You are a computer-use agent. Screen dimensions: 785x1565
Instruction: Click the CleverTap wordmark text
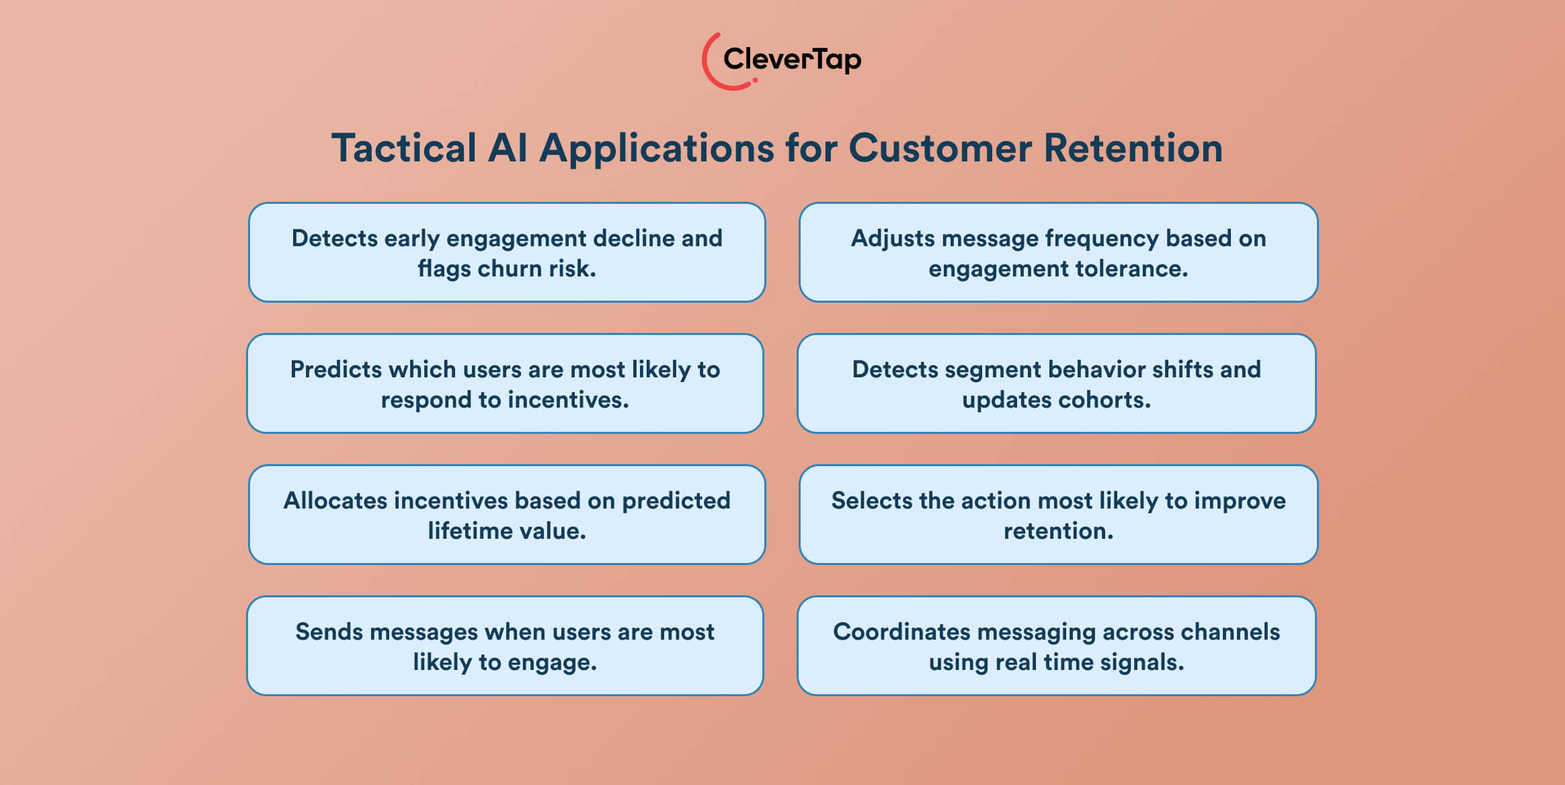tap(792, 59)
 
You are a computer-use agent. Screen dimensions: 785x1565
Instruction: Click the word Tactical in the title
tap(404, 148)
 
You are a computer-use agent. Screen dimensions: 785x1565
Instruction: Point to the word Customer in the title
tap(940, 148)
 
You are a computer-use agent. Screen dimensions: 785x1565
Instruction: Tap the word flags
tap(444, 269)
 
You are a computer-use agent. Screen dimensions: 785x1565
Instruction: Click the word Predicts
tap(335, 370)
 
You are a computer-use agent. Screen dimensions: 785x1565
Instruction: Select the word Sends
tap(329, 632)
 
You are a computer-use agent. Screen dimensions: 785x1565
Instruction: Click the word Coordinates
tap(900, 632)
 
